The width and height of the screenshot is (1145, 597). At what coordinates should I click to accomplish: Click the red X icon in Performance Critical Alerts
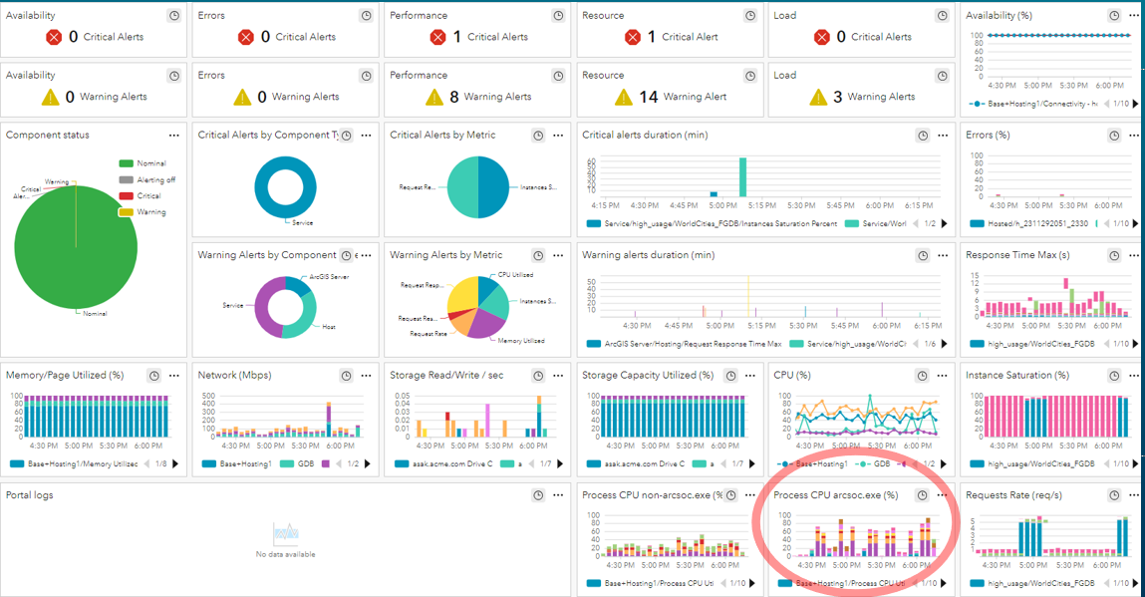(x=436, y=37)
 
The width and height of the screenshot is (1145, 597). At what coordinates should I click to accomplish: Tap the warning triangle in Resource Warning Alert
(x=624, y=97)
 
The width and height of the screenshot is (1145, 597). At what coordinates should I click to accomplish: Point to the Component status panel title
(x=47, y=135)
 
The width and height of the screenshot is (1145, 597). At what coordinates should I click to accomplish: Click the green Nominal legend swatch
(x=126, y=163)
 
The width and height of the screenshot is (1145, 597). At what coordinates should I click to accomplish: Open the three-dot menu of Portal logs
(x=558, y=495)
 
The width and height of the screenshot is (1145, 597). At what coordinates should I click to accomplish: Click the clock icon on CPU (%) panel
(x=922, y=376)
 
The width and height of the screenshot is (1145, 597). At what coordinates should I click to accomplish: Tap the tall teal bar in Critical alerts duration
(x=742, y=177)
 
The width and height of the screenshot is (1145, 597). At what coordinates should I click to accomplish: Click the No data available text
(x=285, y=554)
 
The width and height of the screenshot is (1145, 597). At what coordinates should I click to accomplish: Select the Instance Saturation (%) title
(x=1017, y=376)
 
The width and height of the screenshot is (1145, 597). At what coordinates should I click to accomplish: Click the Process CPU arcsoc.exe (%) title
(x=836, y=495)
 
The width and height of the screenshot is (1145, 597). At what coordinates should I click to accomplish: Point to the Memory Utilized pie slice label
(x=520, y=341)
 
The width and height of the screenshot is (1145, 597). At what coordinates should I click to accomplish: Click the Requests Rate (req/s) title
(x=1014, y=495)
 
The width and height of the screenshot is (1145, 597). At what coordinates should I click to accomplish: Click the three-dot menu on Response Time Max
(x=1126, y=255)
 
